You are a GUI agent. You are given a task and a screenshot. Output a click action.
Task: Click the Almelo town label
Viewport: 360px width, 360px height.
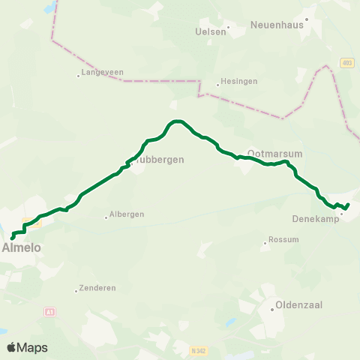point(21,247)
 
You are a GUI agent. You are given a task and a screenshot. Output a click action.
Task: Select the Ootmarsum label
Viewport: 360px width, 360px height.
point(274,152)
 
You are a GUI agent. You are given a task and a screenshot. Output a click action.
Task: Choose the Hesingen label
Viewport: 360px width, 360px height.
point(234,85)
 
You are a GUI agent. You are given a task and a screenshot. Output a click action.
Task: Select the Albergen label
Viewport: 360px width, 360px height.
point(127,214)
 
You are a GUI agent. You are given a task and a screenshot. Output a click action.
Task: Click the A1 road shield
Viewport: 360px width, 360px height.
point(50,311)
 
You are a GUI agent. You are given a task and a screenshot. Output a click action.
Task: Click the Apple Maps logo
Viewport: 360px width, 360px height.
point(27,347)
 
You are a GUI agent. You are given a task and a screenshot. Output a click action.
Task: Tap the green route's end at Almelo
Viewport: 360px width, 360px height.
point(13,238)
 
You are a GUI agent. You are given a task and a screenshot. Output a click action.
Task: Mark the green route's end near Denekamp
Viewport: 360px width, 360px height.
point(348,204)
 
